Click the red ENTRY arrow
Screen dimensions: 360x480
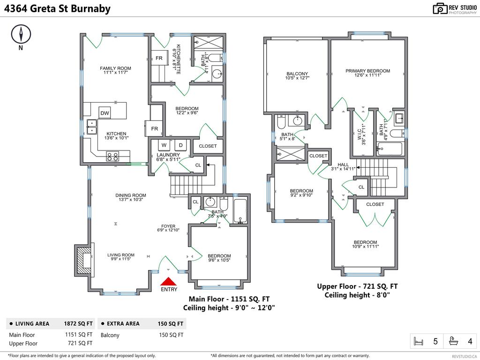[168, 281]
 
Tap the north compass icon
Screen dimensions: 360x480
[21, 34]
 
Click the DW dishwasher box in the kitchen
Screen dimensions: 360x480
[105, 113]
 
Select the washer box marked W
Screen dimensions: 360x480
[164, 145]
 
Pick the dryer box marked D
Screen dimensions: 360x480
[180, 145]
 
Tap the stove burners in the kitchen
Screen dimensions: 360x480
[112, 156]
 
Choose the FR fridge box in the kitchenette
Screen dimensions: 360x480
[159, 59]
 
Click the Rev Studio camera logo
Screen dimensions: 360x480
[440, 8]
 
